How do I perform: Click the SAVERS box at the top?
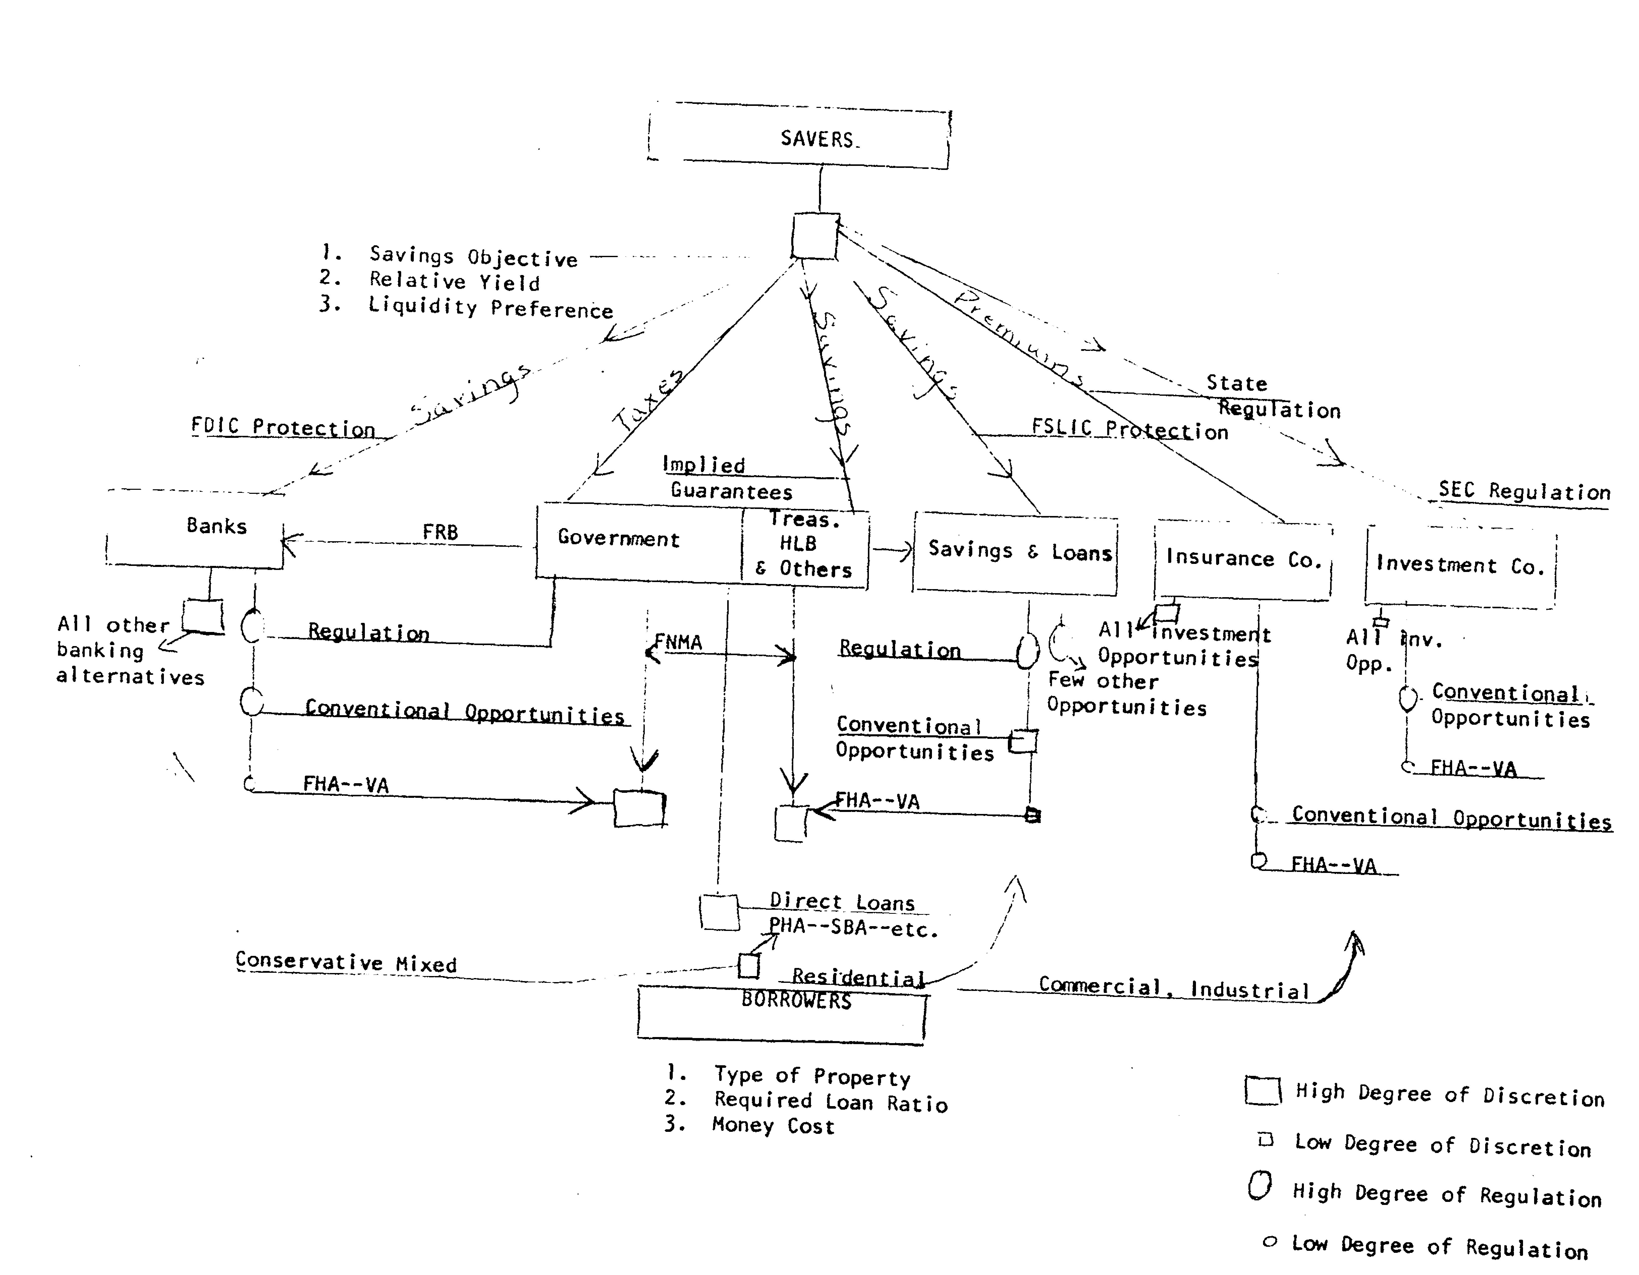pos(799,139)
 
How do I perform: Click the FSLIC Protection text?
pos(1129,429)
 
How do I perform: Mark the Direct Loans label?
pos(842,902)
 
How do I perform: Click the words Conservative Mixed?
pos(346,963)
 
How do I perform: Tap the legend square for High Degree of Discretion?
pos(1262,1091)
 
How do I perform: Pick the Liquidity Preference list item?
pos(490,308)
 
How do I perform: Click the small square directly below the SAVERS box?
pos(815,236)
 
